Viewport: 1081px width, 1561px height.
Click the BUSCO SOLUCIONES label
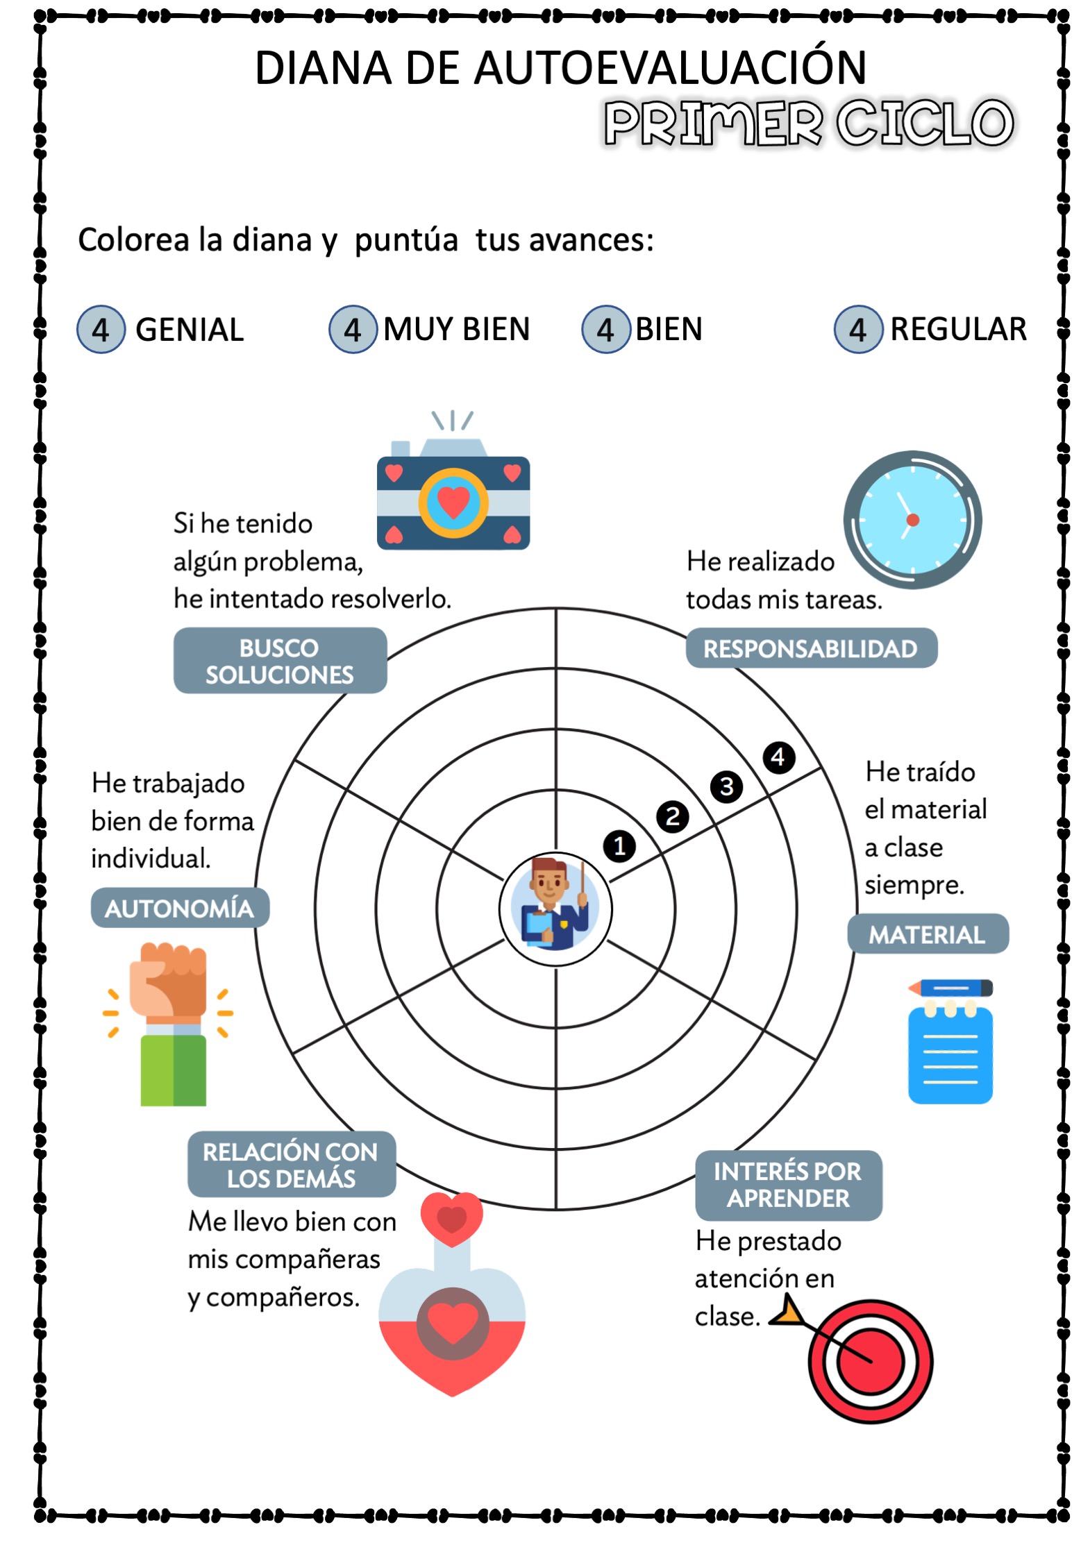(x=280, y=660)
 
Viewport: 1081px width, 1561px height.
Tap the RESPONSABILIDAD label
(x=811, y=648)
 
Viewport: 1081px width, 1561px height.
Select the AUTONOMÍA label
(x=180, y=908)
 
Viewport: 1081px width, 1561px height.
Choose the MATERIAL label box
(x=928, y=934)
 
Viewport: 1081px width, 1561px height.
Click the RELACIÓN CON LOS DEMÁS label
(x=292, y=1164)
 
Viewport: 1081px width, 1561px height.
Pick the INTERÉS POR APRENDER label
(x=789, y=1184)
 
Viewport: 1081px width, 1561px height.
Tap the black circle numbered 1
(x=619, y=845)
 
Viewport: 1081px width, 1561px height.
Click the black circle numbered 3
(x=726, y=786)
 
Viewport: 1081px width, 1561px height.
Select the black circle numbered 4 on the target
(x=778, y=757)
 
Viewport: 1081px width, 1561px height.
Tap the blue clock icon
(x=912, y=520)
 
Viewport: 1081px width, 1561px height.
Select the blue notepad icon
(x=950, y=1041)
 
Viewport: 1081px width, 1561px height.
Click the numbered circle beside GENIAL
(x=101, y=329)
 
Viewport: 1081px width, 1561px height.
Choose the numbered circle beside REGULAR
(x=858, y=329)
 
